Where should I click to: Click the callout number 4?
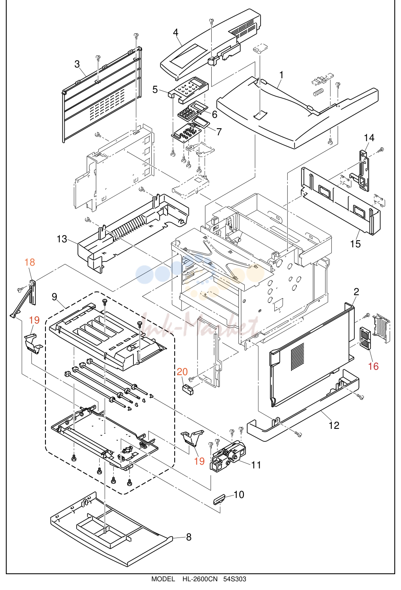coord(175,32)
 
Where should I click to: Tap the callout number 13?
coord(62,239)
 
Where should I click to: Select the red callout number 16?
coord(373,366)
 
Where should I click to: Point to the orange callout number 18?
coord(30,262)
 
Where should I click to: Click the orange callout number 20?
coord(182,372)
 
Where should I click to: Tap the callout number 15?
coord(355,244)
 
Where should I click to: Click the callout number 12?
coord(334,425)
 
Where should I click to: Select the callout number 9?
coord(54,297)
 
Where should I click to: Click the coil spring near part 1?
coord(318,93)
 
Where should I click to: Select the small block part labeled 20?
coord(187,389)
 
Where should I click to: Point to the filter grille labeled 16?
coord(365,338)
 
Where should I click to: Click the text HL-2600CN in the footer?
coord(200,579)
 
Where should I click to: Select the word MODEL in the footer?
coord(163,579)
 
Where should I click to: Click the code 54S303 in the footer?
coord(235,579)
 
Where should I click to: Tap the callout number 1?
coord(281,75)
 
